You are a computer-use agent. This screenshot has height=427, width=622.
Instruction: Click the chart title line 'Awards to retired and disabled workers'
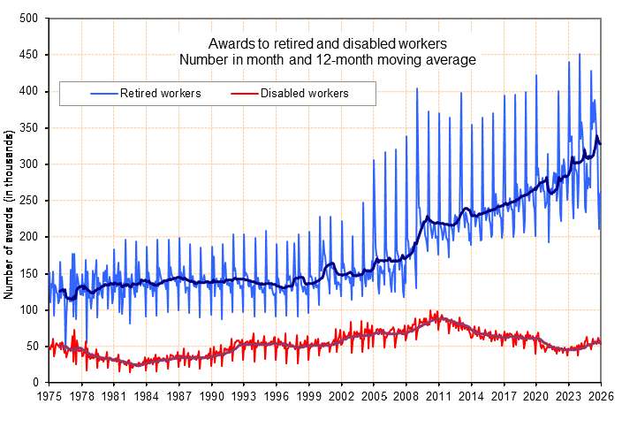[328, 43]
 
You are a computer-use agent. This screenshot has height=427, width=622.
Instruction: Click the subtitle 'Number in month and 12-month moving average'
[328, 59]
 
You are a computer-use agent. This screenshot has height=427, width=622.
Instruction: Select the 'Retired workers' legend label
[161, 93]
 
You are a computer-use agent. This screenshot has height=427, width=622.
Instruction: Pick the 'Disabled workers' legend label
[304, 93]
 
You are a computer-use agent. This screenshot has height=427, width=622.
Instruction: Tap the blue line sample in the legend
[102, 93]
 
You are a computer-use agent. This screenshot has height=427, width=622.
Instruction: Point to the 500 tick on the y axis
[29, 19]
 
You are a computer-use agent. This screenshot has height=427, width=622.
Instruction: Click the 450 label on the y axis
[29, 55]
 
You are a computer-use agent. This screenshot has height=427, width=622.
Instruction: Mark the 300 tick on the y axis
[29, 164]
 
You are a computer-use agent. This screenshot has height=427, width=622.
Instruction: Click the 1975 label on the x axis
[49, 397]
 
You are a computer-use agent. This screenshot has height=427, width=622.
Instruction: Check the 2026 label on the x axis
[601, 397]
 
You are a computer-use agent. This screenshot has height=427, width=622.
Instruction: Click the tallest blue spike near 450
[580, 55]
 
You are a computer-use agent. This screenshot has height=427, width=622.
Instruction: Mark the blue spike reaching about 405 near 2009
[417, 88]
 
